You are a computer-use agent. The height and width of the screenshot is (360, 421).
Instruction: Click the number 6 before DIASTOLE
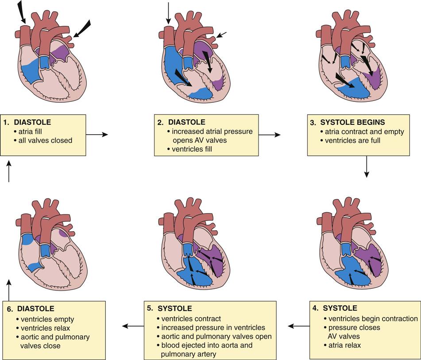[x=9, y=309]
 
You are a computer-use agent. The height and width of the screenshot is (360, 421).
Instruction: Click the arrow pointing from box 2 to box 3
[x=269, y=134]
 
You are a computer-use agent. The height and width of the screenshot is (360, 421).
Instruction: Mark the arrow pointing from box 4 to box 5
[x=299, y=326]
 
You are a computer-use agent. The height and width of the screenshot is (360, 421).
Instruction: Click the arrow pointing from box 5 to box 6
[x=133, y=326]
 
